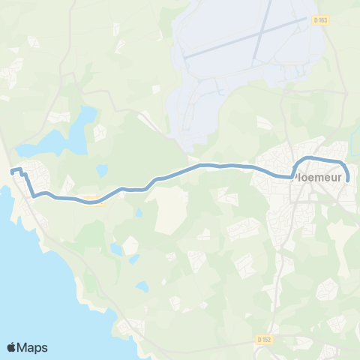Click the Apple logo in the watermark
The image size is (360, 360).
click(x=12, y=347)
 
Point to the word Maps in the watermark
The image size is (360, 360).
click(x=33, y=347)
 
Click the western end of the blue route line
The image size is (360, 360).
click(x=12, y=172)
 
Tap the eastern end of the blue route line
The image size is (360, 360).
click(x=347, y=180)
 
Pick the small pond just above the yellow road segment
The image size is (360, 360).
click(x=102, y=170)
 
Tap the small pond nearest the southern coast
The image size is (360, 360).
click(x=142, y=286)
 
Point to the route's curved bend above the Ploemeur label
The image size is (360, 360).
click(x=301, y=160)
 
